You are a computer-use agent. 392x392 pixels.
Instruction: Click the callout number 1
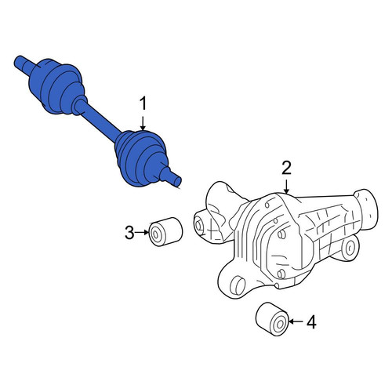pos(143,103)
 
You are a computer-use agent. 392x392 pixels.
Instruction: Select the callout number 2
pos(286,168)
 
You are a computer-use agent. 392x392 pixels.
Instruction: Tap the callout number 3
pos(129,233)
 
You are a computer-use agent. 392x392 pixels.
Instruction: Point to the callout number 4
pos(311,321)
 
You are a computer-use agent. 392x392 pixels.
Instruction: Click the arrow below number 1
pos(143,123)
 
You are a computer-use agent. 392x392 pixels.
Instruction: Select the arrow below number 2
pos(286,187)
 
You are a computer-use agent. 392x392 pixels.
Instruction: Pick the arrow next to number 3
pos(142,232)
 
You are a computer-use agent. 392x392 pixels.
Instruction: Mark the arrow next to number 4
pos(296,321)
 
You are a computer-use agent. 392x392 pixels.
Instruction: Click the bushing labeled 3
pos(165,231)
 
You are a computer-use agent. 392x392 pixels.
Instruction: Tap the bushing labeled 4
pos(272,319)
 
